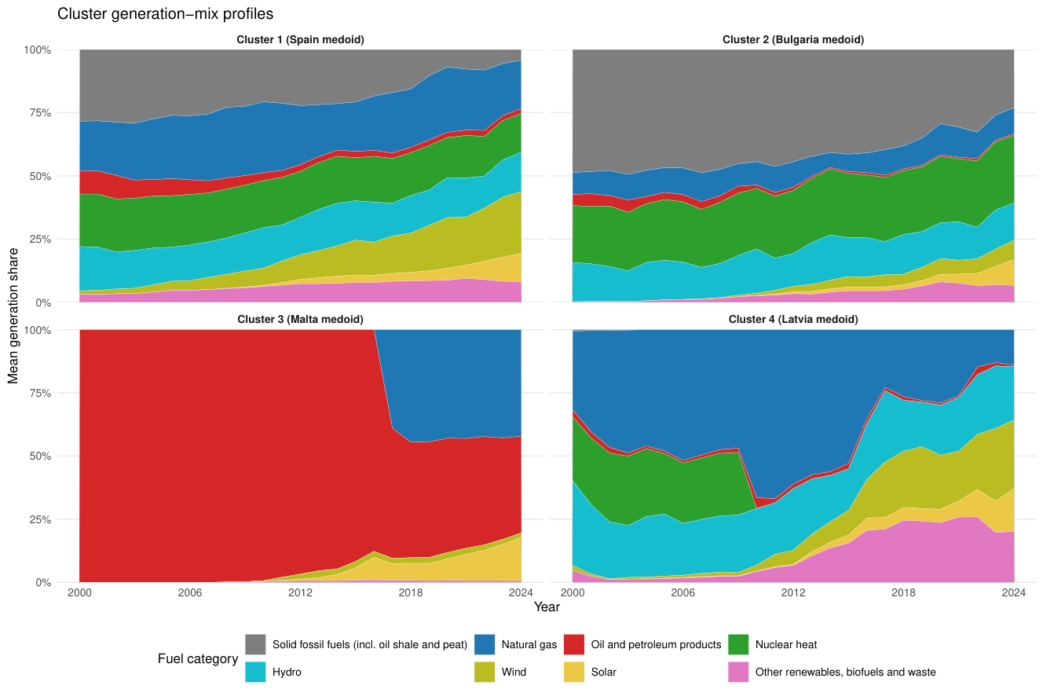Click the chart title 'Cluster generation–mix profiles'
pyautogui.click(x=165, y=14)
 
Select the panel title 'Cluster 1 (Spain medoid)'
pyautogui.click(x=300, y=39)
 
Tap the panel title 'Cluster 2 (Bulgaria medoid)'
pyautogui.click(x=793, y=39)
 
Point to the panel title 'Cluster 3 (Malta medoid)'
pyautogui.click(x=300, y=319)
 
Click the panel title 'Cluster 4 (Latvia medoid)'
pyautogui.click(x=793, y=319)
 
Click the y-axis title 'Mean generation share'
pyautogui.click(x=13, y=316)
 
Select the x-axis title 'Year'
pyautogui.click(x=547, y=607)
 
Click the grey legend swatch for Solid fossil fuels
pyautogui.click(x=255, y=644)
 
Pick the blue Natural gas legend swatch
pyautogui.click(x=485, y=644)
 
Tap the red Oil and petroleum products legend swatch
pyautogui.click(x=573, y=644)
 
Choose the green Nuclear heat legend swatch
pyautogui.click(x=738, y=644)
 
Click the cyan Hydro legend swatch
pyautogui.click(x=255, y=672)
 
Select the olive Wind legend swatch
pyautogui.click(x=485, y=672)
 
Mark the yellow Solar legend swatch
pyautogui.click(x=573, y=672)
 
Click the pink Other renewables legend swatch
pyautogui.click(x=738, y=672)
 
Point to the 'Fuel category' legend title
pyautogui.click(x=198, y=658)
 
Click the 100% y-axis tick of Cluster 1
pyautogui.click(x=37, y=49)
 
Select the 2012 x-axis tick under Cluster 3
pyautogui.click(x=300, y=592)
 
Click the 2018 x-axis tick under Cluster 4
pyautogui.click(x=903, y=592)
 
